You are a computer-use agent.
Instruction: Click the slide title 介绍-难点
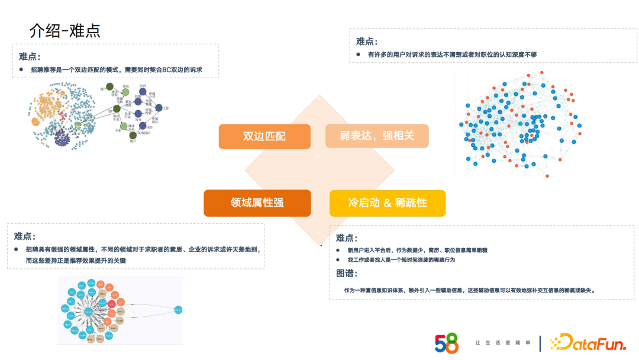65,30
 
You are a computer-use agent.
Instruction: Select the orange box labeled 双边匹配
264,136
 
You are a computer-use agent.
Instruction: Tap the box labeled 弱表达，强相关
377,136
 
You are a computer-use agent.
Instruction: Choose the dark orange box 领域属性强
257,202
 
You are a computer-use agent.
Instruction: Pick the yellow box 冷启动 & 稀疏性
387,203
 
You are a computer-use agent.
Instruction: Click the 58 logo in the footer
447,343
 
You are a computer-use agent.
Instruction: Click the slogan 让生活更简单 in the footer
500,343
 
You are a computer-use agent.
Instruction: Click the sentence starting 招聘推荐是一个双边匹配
116,70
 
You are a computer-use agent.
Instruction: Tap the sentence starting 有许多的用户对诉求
452,54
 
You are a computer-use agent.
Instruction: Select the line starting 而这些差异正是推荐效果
76,261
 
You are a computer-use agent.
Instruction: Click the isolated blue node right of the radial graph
178,310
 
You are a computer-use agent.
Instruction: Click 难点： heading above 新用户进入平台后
347,238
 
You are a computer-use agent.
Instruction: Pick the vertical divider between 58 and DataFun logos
540,343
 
